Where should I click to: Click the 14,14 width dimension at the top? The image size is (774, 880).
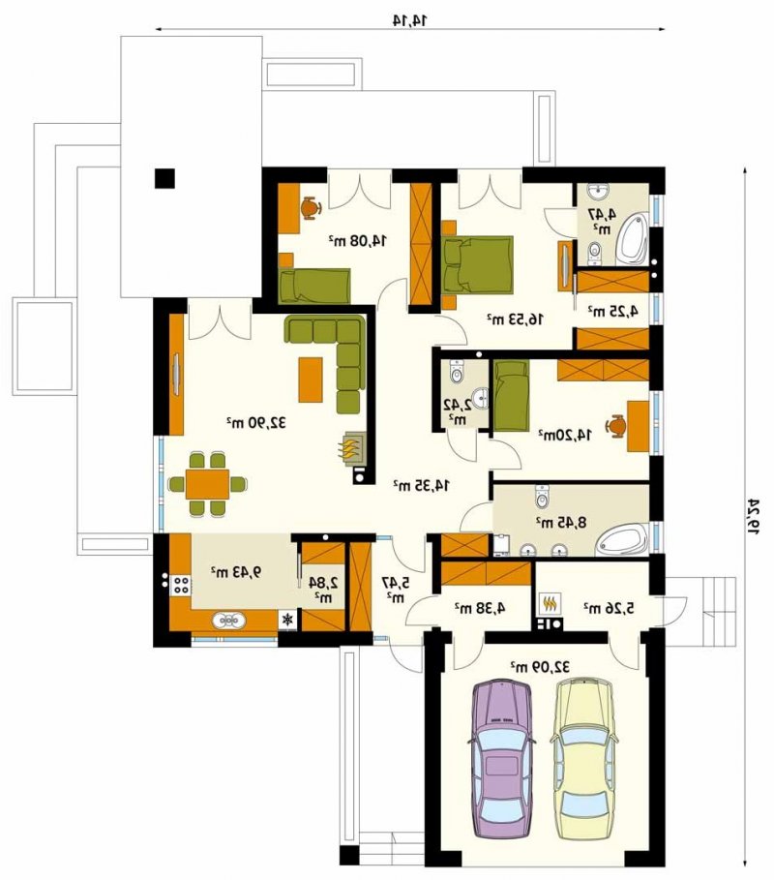[410, 20]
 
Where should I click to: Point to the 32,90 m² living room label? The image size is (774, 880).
[255, 422]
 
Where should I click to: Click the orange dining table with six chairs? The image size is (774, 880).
[207, 484]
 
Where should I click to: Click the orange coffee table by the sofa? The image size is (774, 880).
[311, 379]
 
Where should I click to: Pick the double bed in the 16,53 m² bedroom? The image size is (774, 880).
[477, 264]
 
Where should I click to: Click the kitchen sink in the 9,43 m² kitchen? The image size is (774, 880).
[228, 621]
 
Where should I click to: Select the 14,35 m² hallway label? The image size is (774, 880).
[421, 485]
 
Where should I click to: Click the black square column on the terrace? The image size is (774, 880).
[164, 178]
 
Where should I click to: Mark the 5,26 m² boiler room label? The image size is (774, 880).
[610, 607]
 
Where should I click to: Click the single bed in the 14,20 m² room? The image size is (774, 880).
[511, 396]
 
